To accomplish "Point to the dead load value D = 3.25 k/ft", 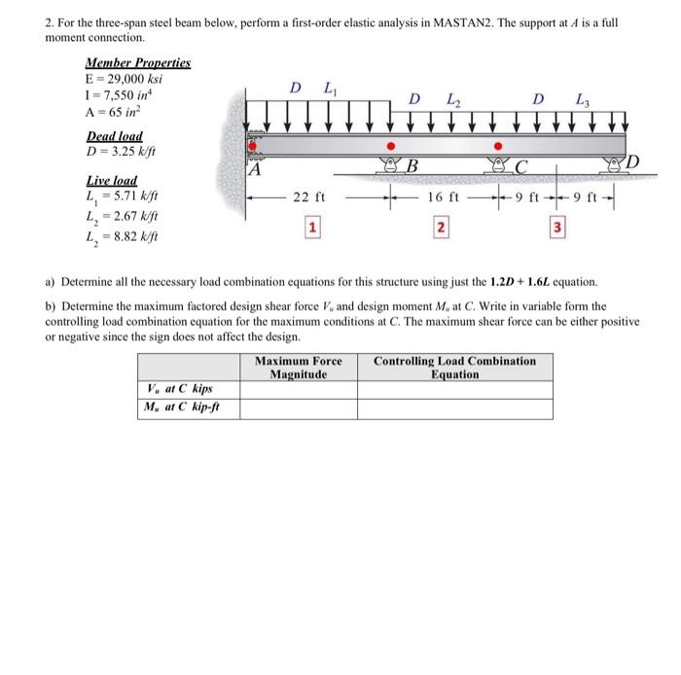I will coord(123,152).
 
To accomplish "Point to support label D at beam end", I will coord(630,160).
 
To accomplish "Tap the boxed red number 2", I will coord(440,228).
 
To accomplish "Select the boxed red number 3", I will coord(557,228).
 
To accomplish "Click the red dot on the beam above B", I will coord(392,145).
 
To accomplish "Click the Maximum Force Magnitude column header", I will coord(299,367).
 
